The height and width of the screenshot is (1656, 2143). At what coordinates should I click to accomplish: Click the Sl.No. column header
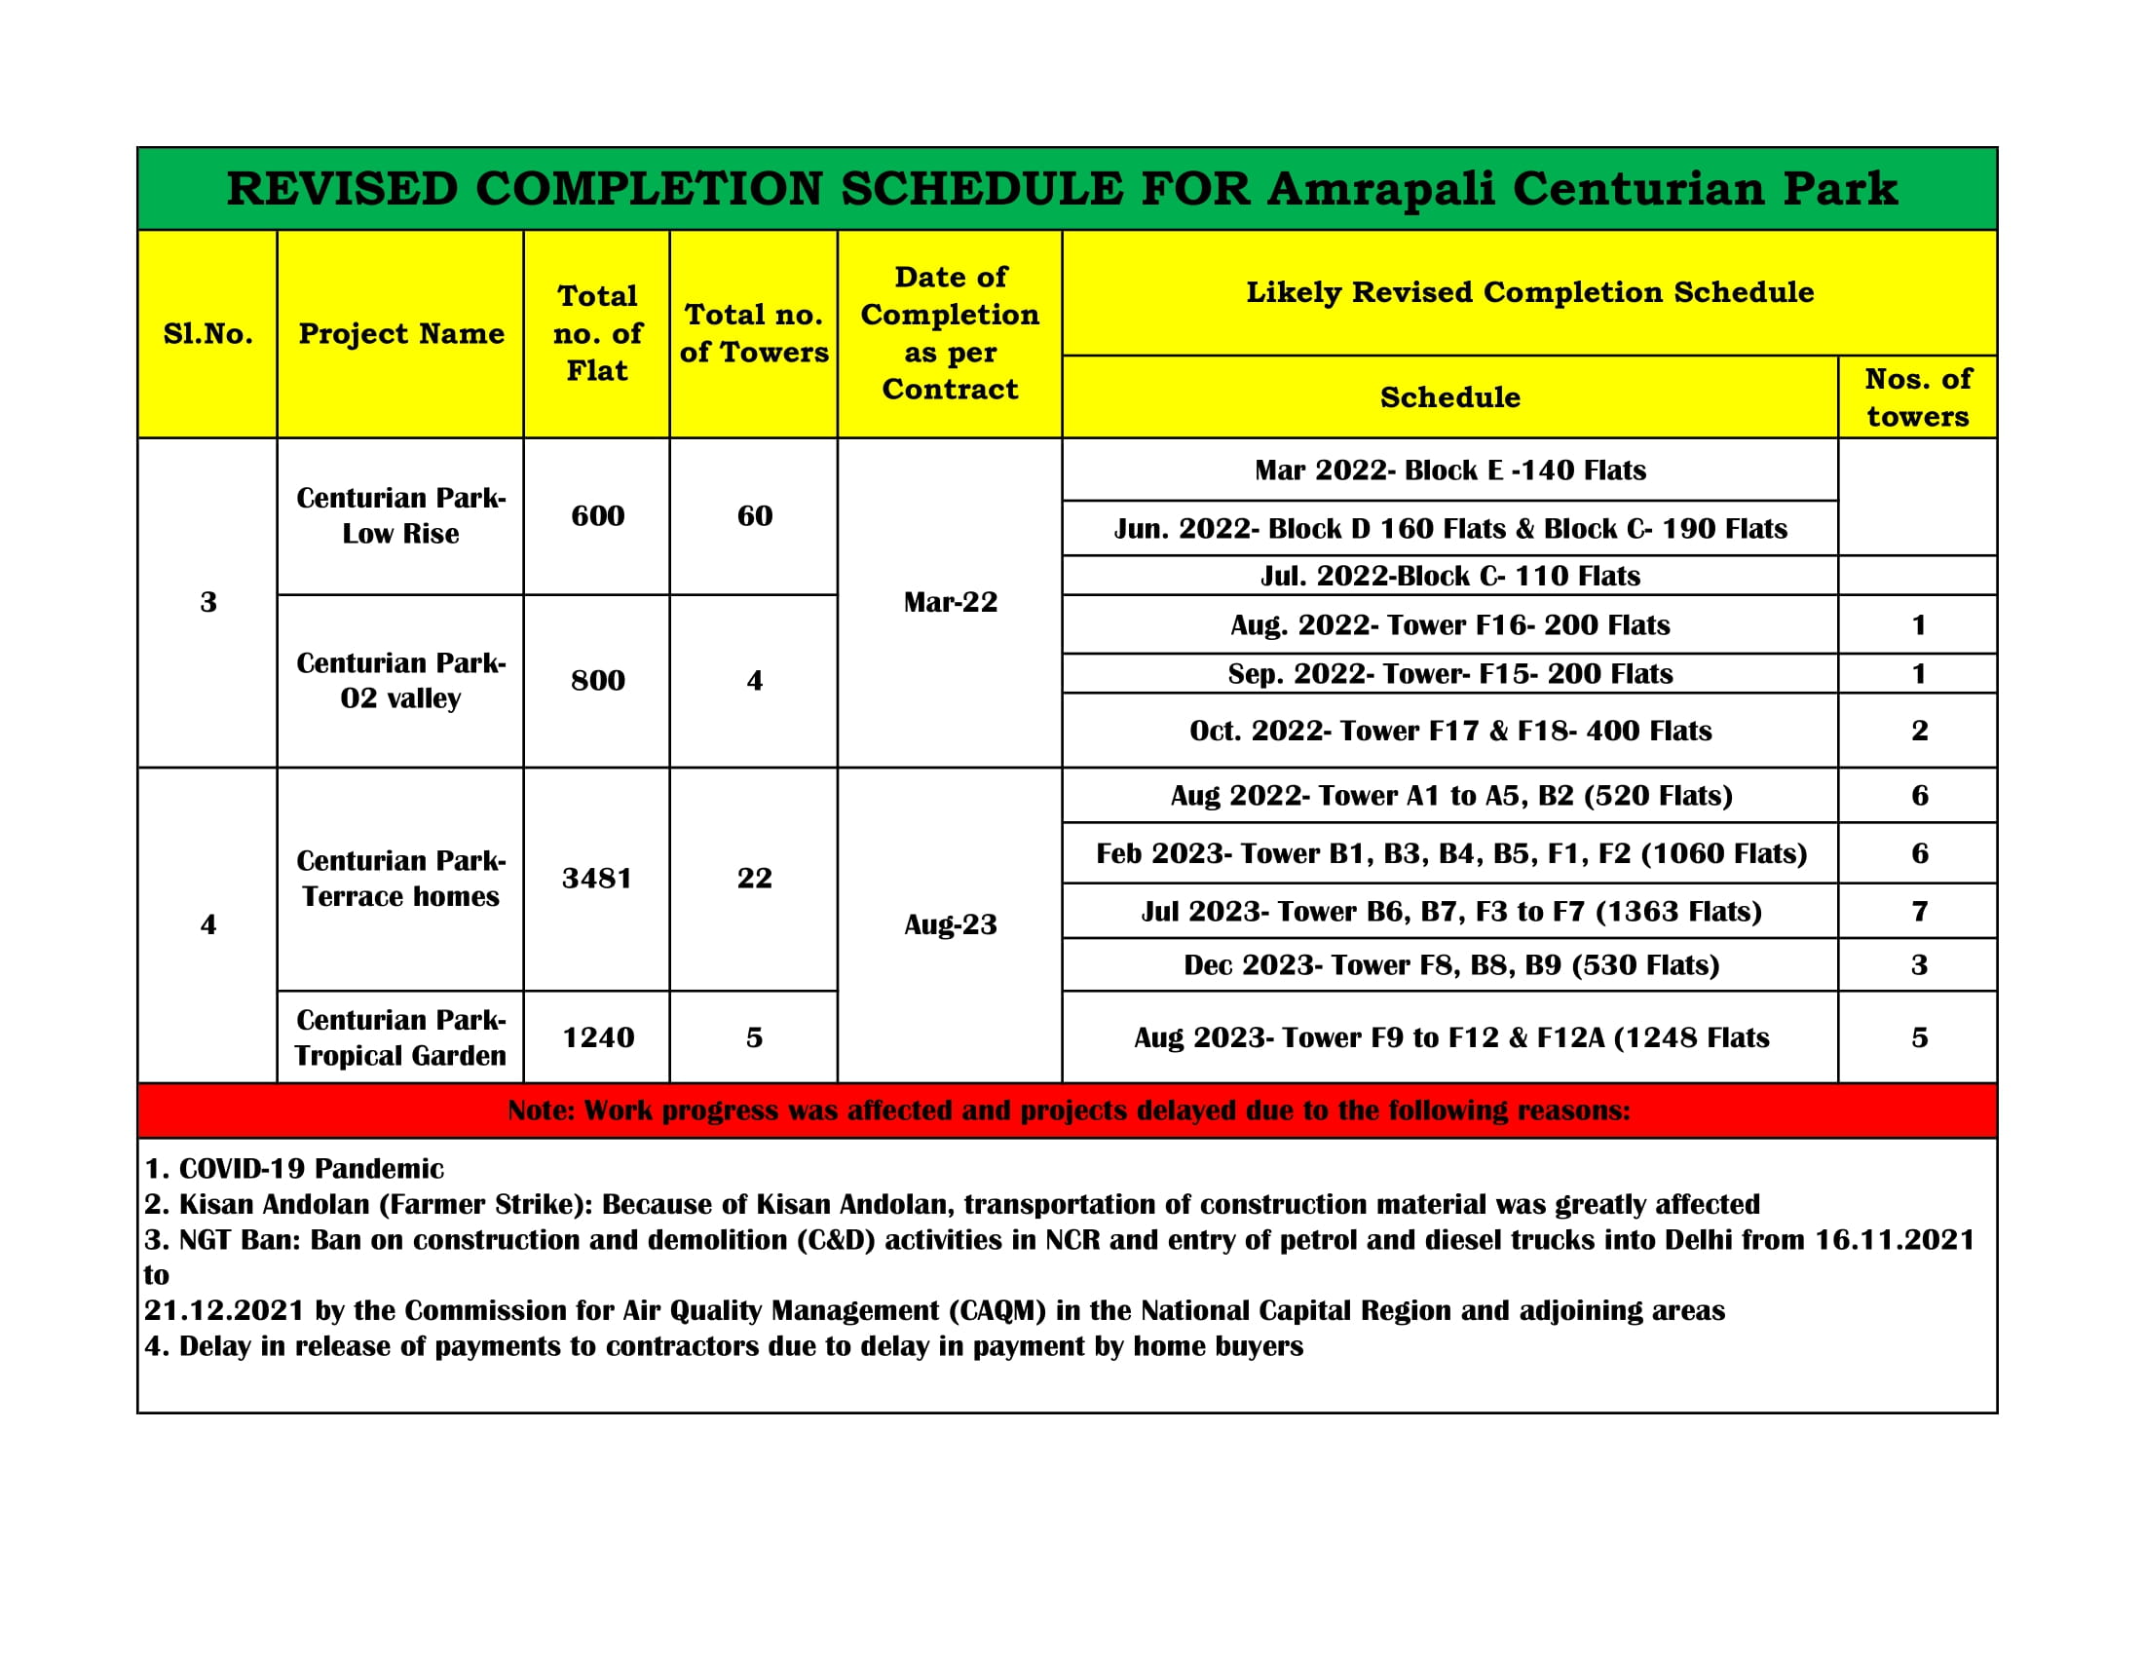pos(208,333)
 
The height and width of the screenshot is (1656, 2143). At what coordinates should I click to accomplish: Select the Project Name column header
pos(401,333)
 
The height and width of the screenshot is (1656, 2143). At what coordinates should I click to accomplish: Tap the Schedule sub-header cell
pos(1449,397)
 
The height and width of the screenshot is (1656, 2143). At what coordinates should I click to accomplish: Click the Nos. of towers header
pos(1917,397)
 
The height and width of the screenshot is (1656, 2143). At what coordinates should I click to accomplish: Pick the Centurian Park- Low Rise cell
pos(401,516)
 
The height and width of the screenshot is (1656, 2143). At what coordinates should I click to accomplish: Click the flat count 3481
pos(596,878)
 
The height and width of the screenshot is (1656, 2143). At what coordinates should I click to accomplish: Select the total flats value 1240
pos(597,1037)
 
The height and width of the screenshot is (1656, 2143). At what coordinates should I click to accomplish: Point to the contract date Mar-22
pos(950,601)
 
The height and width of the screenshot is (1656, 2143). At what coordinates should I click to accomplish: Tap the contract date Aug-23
pos(950,924)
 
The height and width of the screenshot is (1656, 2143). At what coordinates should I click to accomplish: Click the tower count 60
pos(755,516)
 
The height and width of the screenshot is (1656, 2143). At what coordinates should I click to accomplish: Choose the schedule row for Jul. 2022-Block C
pos(1449,576)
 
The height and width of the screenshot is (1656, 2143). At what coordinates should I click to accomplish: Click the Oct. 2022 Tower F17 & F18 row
pos(1449,731)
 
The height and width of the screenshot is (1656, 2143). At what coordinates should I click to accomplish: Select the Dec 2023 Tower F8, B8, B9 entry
pos(1450,965)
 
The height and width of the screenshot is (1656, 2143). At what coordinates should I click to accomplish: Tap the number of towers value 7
pos(1919,912)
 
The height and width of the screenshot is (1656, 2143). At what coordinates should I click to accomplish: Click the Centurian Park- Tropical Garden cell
pos(401,1037)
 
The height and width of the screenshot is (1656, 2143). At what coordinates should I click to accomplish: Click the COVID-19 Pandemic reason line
pos(294,1168)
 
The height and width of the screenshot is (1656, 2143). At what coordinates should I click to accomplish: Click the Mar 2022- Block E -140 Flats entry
pos(1449,470)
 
